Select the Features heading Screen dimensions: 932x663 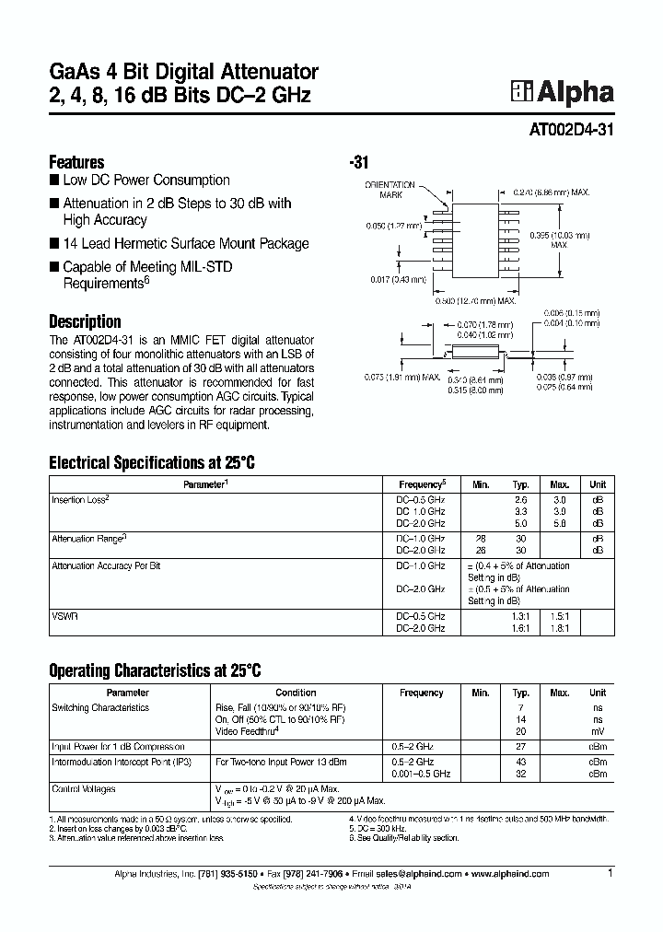[76, 161]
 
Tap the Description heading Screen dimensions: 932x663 [85, 321]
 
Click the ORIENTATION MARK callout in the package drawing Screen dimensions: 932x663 [390, 191]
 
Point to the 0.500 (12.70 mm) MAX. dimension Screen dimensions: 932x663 [476, 300]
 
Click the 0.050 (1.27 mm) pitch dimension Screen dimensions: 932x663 [394, 224]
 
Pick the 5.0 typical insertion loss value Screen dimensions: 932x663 [521, 521]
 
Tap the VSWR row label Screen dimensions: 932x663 [64, 616]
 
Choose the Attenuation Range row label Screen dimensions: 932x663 [89, 537]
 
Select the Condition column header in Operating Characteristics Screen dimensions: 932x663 [296, 693]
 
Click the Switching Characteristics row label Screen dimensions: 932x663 [101, 707]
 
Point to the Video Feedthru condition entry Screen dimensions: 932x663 [246, 730]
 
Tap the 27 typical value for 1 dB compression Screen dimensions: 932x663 [521, 747]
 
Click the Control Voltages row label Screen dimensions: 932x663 [84, 789]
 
